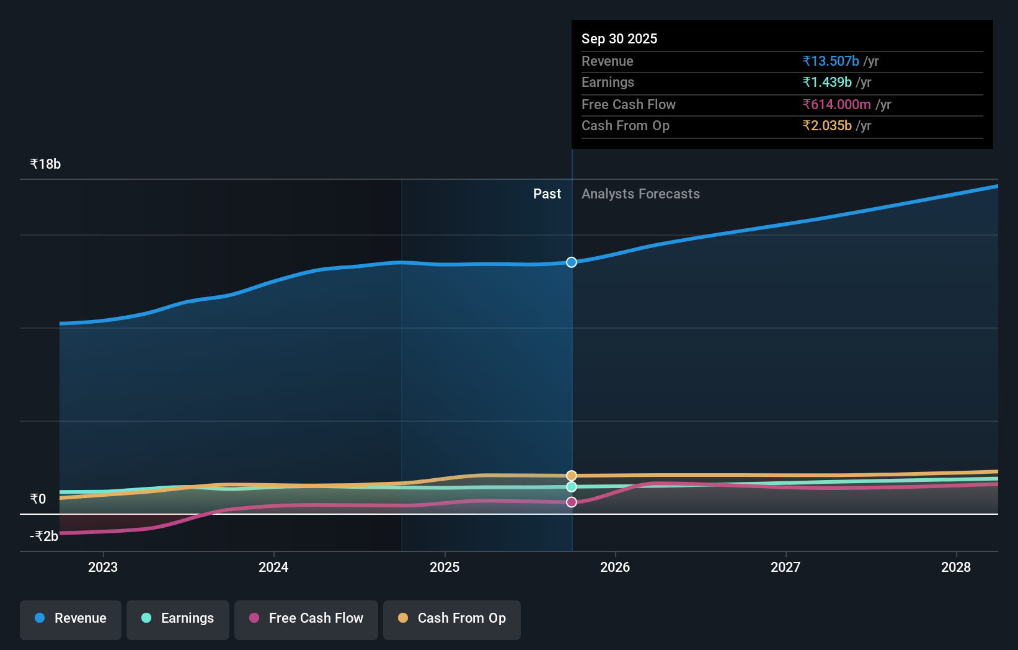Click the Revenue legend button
71,619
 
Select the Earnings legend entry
178,619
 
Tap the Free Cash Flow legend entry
306,619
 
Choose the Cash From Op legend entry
452,619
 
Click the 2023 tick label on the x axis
103,568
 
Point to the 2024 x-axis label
273,568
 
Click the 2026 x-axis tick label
615,568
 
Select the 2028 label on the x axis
956,568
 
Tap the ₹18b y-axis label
45,164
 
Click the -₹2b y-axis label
44,536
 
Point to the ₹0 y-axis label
38,499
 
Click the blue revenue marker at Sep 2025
572,262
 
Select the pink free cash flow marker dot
572,502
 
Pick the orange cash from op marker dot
572,476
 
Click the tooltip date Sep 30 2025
619,39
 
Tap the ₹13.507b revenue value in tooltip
831,61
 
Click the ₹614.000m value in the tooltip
836,105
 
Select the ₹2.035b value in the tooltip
827,126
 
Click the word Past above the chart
547,194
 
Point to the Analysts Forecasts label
640,194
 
